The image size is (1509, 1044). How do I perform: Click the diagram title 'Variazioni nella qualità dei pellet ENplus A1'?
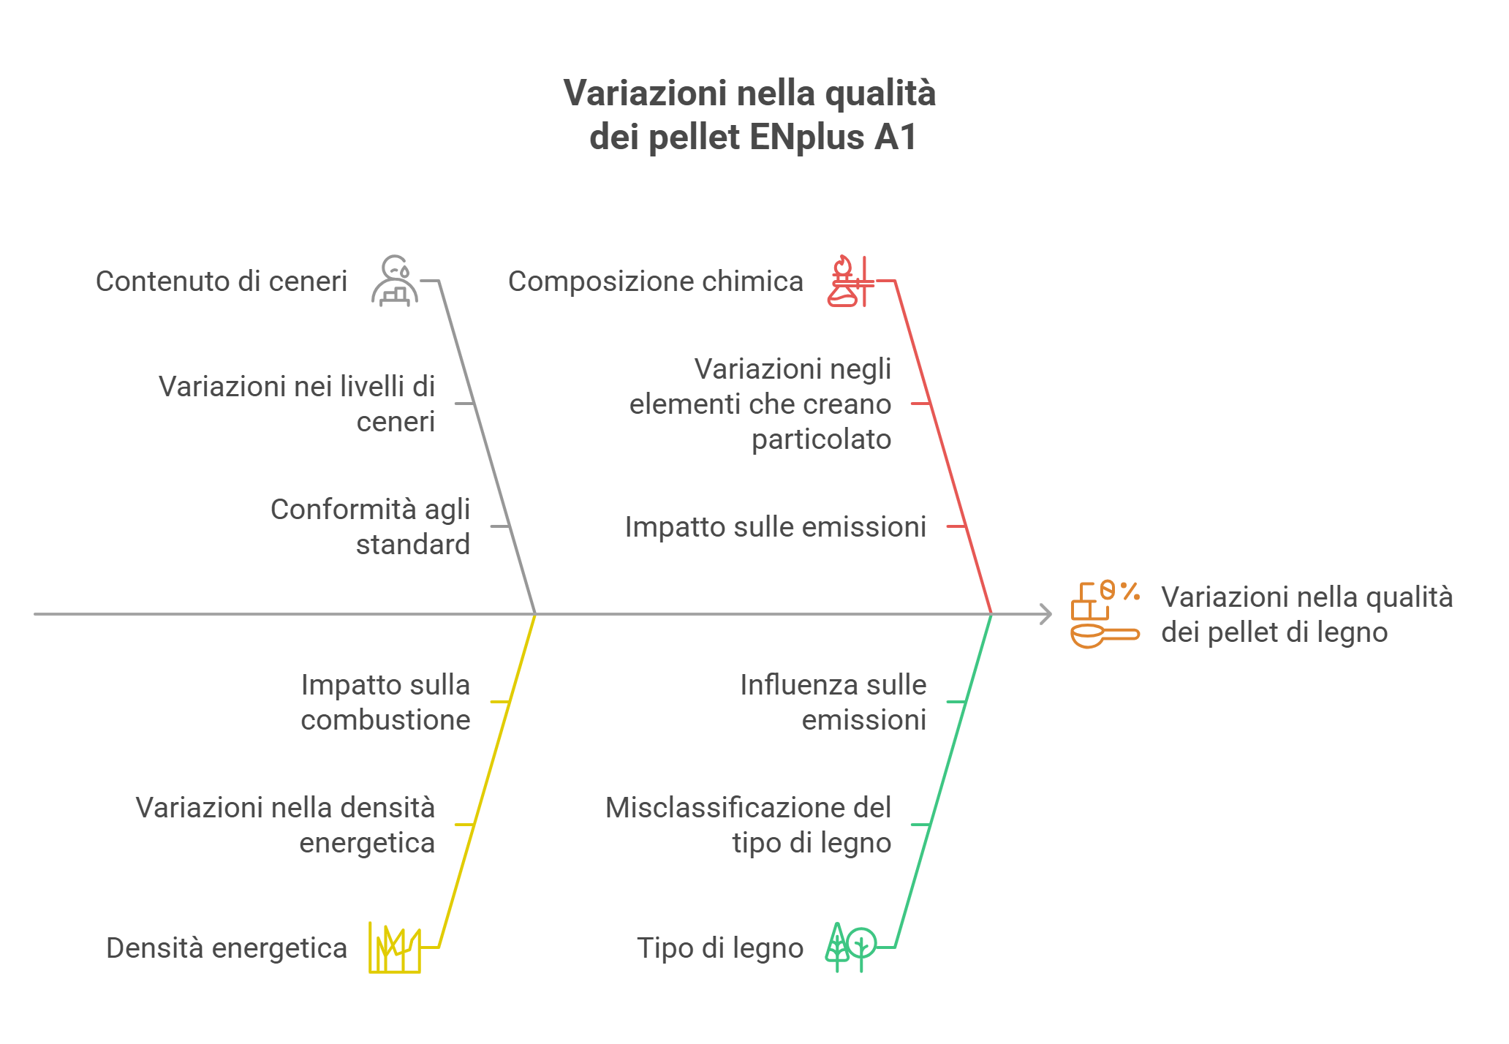[x=750, y=115]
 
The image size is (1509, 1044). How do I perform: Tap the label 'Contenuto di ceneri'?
[x=222, y=281]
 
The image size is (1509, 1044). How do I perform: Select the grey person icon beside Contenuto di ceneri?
[x=395, y=281]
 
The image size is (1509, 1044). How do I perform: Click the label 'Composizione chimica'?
[x=656, y=281]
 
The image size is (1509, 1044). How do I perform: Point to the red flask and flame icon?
[x=850, y=281]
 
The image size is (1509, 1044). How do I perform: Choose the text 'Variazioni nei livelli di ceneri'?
[x=297, y=404]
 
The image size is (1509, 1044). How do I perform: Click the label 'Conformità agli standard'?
[x=370, y=527]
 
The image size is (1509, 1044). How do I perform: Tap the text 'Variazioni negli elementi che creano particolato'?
[x=760, y=404]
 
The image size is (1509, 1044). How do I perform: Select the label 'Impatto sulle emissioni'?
[x=776, y=527]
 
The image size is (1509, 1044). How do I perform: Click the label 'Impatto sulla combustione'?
[x=385, y=703]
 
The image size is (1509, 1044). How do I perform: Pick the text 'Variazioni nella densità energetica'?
[x=285, y=825]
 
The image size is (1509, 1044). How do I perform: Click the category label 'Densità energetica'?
[x=227, y=948]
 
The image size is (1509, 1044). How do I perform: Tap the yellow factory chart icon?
[x=395, y=947]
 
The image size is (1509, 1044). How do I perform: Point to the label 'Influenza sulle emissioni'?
[x=833, y=703]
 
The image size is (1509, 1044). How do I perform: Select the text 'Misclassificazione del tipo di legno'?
[x=749, y=825]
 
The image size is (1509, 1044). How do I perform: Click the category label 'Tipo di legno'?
[x=720, y=948]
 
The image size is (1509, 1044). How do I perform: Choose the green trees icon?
[x=850, y=947]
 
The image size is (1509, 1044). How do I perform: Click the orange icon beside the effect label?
[x=1105, y=615]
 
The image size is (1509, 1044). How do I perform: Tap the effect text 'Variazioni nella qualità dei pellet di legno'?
[x=1307, y=615]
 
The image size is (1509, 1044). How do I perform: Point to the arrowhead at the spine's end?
[x=1047, y=614]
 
